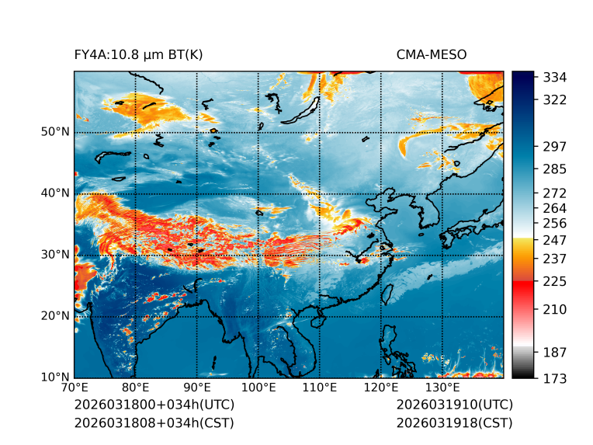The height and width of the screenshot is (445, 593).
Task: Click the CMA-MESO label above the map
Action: coord(431,54)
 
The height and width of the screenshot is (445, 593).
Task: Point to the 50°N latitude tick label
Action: coord(55,132)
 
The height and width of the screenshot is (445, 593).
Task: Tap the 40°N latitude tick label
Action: coord(55,193)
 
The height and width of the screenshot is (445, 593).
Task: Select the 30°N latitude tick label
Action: coord(55,255)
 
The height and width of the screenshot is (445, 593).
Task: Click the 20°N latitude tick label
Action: coord(55,316)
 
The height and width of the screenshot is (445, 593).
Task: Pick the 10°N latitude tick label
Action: coord(55,377)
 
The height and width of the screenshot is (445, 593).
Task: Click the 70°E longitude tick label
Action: coord(75,388)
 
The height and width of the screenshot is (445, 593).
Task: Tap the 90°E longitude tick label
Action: coord(197,388)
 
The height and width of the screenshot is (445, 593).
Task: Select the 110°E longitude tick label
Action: coord(320,388)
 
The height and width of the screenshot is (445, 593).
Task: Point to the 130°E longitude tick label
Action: coord(442,388)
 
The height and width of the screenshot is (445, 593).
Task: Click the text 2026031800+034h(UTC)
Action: coord(154,405)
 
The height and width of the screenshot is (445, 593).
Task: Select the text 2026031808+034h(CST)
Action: coord(154,422)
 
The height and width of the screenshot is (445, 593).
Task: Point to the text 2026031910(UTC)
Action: coord(454,405)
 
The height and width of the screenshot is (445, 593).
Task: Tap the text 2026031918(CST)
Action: coord(454,422)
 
